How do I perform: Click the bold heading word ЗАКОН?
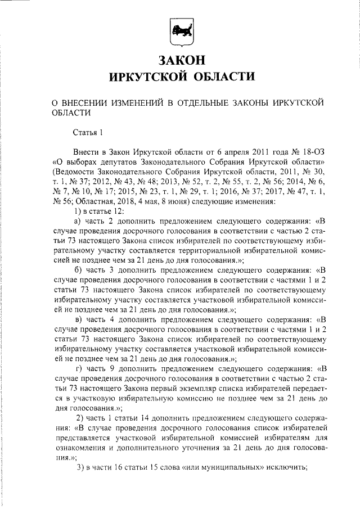pos(180,58)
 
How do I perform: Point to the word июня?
pos(177,200)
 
